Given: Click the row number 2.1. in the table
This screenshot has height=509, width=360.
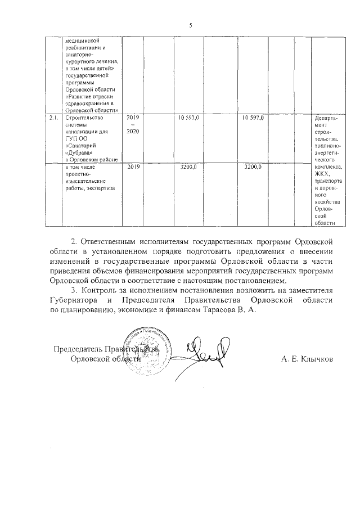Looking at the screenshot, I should tap(54, 118).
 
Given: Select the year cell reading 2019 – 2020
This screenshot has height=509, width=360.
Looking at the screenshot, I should tap(133, 124).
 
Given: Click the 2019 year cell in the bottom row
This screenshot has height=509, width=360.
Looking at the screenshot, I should tap(133, 167).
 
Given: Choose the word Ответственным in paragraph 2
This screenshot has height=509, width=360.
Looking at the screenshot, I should tap(114, 242).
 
